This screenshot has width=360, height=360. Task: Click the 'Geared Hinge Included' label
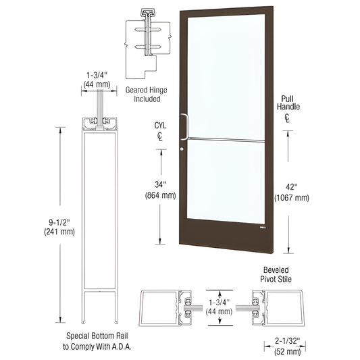143,93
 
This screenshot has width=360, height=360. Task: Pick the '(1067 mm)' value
291,198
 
